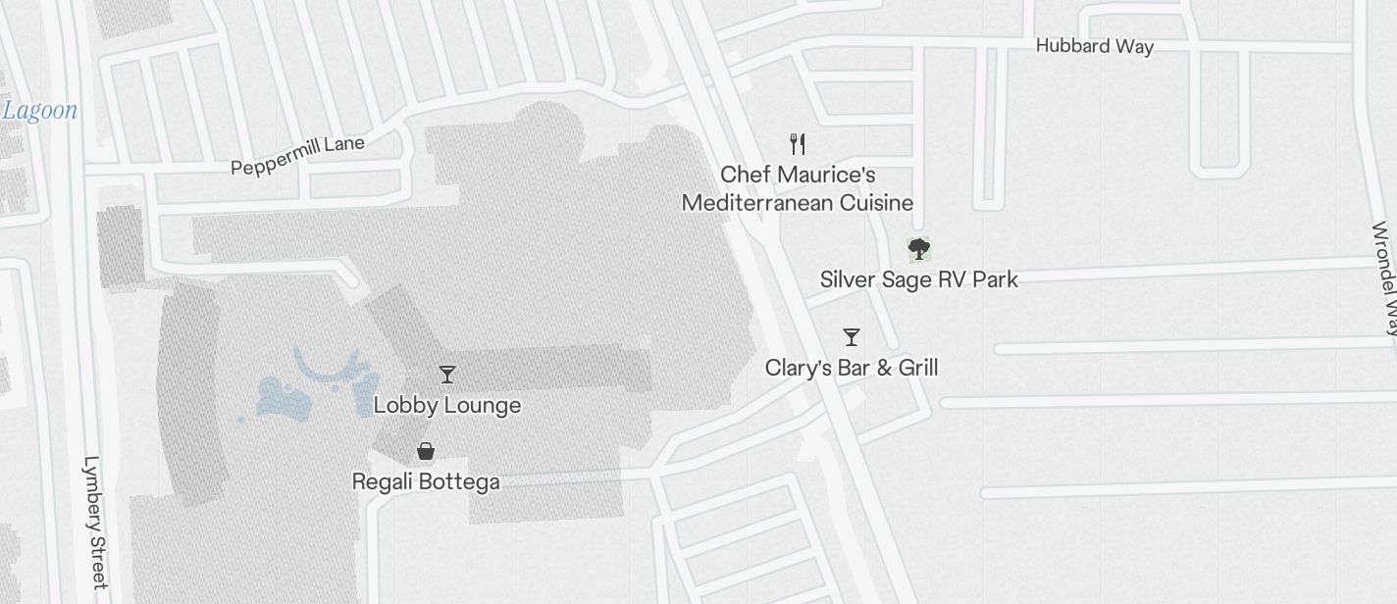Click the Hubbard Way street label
1094,46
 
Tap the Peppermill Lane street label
297,156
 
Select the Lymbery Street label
94,522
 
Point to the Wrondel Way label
1384,279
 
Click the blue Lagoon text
39,110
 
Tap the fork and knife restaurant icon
798,144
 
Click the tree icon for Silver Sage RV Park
918,249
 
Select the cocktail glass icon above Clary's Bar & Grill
852,337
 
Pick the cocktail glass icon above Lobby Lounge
447,375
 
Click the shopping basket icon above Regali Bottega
426,451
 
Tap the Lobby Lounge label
447,405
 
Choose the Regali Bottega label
426,481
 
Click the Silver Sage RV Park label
918,279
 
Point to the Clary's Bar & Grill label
852,368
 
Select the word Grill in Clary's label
918,368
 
